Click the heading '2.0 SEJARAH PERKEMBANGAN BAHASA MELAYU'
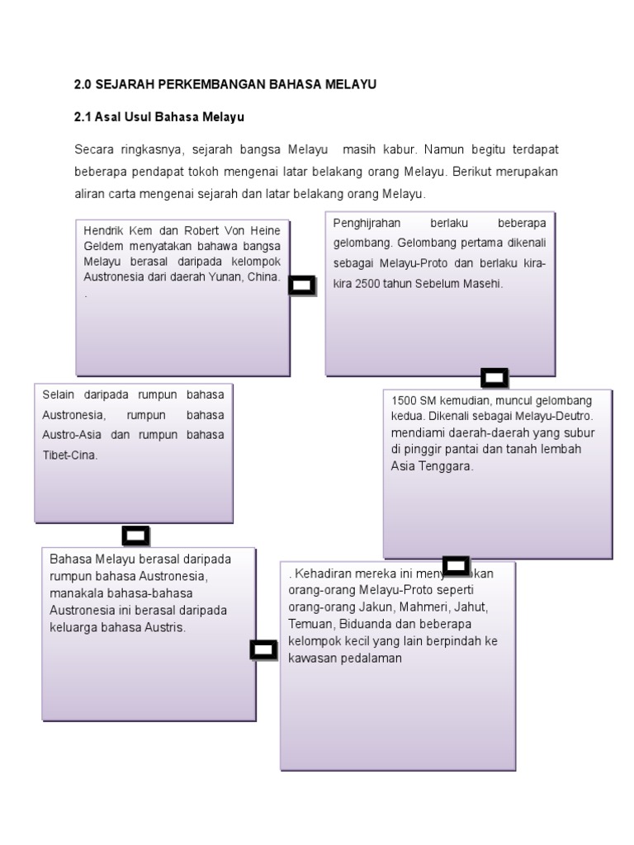225,84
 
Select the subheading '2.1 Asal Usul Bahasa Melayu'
159,118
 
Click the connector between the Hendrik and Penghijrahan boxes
303,286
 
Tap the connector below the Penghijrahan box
494,378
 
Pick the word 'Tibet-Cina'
70,454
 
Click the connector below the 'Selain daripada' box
135,536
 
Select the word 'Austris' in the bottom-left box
165,627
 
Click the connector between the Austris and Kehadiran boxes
263,650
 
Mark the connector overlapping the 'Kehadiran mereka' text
456,566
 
